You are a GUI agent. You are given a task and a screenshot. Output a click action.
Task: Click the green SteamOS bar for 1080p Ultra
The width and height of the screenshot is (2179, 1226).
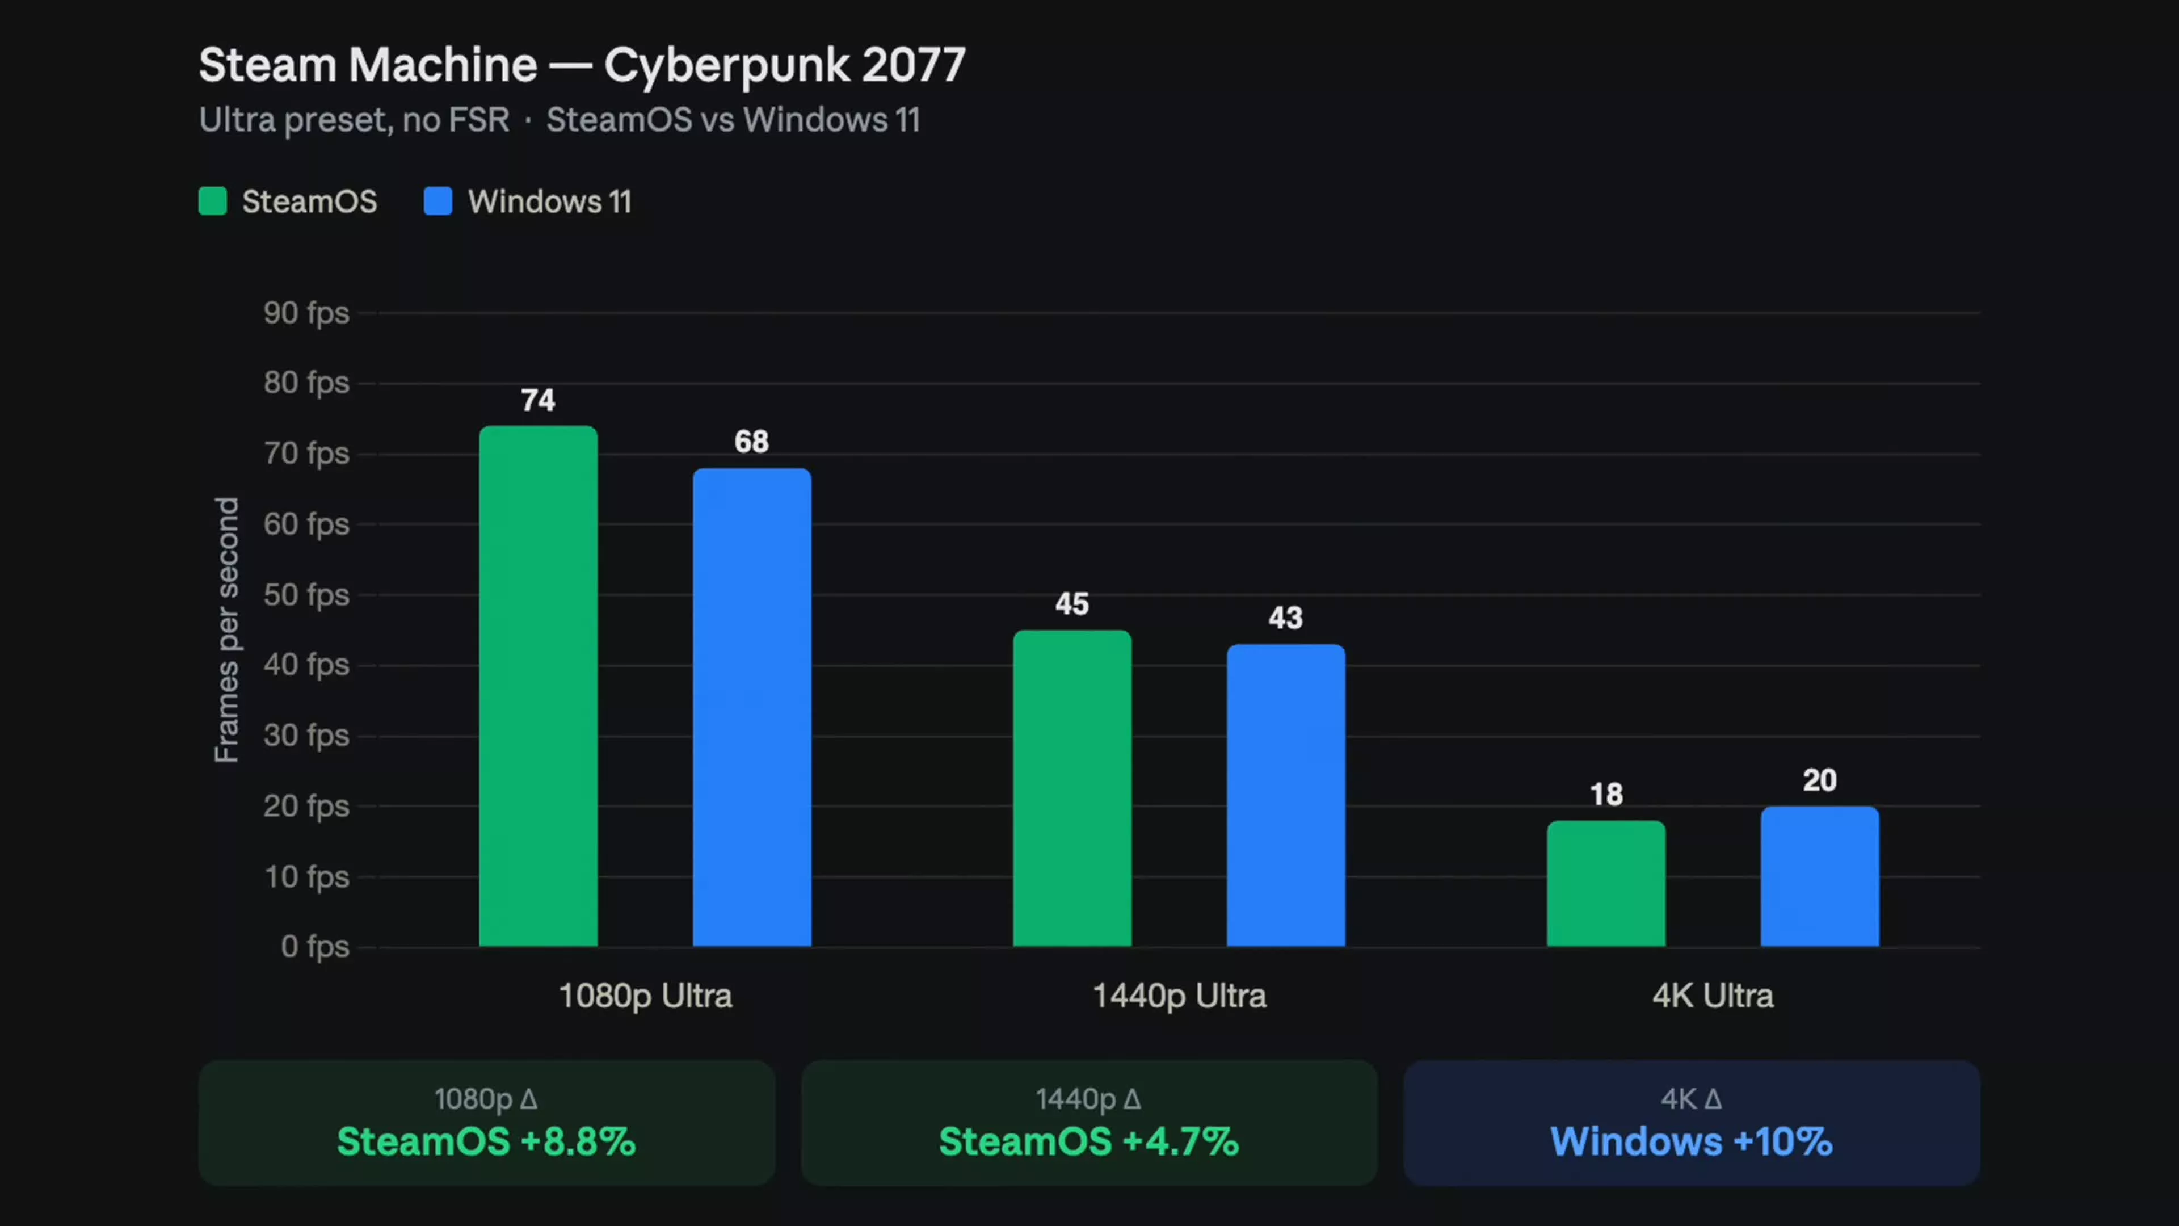pyautogui.click(x=538, y=685)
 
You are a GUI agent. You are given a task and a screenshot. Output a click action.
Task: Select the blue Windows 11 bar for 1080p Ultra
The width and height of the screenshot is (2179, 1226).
pyautogui.click(x=752, y=707)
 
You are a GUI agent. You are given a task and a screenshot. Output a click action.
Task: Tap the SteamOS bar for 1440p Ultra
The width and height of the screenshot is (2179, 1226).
pyautogui.click(x=1072, y=788)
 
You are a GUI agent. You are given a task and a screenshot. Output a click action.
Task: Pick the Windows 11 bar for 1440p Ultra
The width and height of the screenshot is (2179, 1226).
pyautogui.click(x=1286, y=795)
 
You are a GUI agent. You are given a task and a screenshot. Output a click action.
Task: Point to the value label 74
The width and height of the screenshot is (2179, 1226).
pyautogui.click(x=538, y=400)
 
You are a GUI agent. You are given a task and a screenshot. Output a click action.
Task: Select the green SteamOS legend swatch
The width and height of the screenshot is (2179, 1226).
pyautogui.click(x=212, y=201)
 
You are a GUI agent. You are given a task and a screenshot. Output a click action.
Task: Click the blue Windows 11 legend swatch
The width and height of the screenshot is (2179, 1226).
pyautogui.click(x=438, y=201)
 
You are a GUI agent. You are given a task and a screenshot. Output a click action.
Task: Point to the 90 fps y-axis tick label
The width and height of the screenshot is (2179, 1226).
pyautogui.click(x=306, y=313)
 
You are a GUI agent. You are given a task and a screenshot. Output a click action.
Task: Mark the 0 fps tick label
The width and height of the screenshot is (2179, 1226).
pyautogui.click(x=315, y=946)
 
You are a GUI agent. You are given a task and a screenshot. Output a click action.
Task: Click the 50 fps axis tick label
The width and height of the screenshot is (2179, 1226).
pyautogui.click(x=306, y=595)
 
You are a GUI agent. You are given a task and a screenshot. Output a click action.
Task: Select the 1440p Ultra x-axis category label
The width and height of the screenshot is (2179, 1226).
pyautogui.click(x=1179, y=997)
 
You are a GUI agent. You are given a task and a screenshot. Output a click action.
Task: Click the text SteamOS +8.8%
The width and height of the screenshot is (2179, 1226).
pyautogui.click(x=486, y=1141)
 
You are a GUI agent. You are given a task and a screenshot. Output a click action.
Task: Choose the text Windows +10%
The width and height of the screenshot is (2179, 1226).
pyautogui.click(x=1691, y=1141)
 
